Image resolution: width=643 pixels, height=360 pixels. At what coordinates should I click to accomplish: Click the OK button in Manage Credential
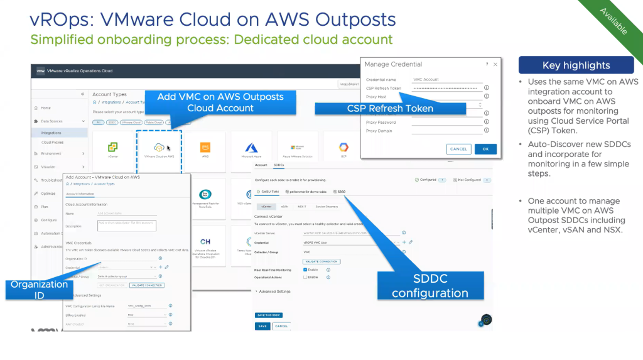[485, 149]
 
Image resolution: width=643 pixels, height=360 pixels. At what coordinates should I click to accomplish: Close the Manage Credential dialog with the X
[495, 64]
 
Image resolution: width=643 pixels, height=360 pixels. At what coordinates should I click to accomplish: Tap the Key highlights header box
[576, 65]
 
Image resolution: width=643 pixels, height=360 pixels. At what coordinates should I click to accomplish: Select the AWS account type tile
[205, 148]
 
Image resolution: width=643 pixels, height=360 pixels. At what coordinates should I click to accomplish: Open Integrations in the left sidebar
[51, 133]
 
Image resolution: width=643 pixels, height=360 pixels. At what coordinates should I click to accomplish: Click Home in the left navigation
[46, 108]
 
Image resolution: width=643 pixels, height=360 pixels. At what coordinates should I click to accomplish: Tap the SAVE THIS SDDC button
[268, 315]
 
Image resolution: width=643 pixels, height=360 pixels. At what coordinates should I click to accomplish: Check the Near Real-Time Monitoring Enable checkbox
[305, 270]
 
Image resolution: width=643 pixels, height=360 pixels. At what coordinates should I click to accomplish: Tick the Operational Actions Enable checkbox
[305, 277]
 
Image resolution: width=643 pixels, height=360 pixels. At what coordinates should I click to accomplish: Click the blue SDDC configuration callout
[431, 286]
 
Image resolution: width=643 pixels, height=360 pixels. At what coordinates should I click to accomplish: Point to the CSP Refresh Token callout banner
[390, 108]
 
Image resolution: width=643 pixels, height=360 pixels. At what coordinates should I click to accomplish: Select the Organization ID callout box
[39, 290]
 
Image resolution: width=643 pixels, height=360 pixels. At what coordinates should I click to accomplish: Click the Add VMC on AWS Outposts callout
[220, 102]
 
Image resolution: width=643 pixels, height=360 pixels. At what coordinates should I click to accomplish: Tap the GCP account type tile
[344, 148]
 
